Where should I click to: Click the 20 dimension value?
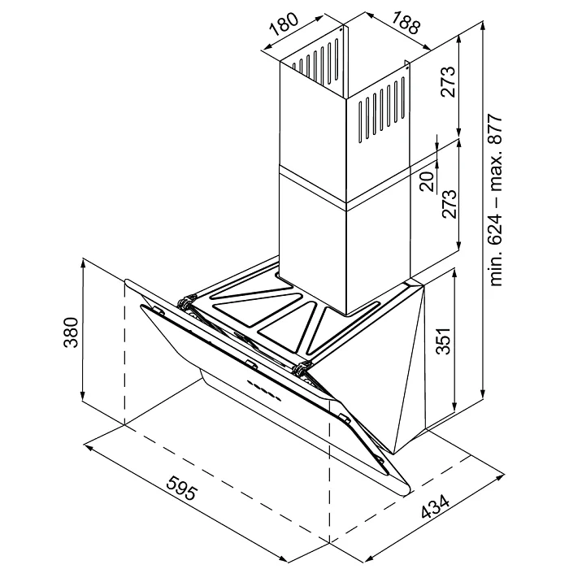427,181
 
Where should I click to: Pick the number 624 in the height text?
497,237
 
